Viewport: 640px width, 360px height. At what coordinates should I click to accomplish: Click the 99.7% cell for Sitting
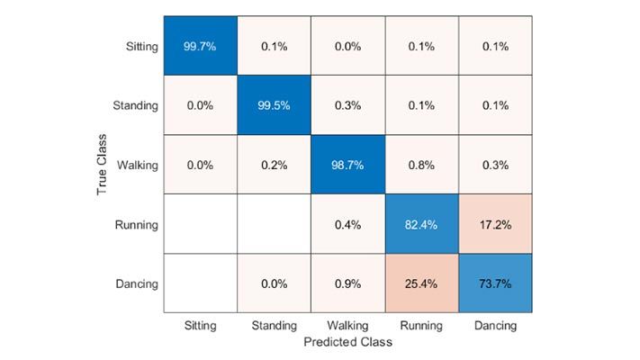pyautogui.click(x=199, y=46)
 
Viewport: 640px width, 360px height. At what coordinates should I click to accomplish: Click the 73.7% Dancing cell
pyautogui.click(x=496, y=283)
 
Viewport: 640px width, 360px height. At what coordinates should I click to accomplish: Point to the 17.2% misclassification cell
pyautogui.click(x=496, y=224)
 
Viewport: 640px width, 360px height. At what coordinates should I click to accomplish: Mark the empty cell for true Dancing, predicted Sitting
pyautogui.click(x=199, y=283)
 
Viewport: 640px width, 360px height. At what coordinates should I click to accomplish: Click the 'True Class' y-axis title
pyautogui.click(x=104, y=165)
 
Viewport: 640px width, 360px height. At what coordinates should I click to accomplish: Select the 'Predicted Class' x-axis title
pyautogui.click(x=347, y=343)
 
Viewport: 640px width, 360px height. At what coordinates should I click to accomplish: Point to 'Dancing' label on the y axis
pyautogui.click(x=136, y=283)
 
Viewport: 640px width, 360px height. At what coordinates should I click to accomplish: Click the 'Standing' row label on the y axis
pyautogui.click(x=135, y=105)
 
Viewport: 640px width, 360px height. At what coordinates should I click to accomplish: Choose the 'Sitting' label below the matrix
pyautogui.click(x=199, y=327)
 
